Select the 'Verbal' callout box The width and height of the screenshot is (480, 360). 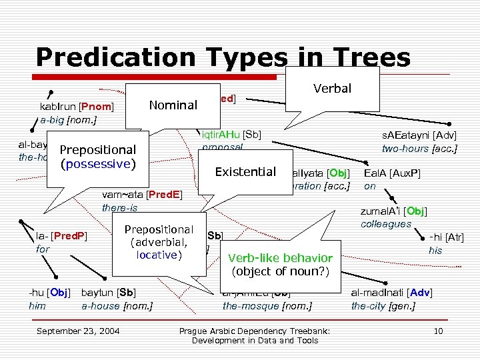(x=332, y=88)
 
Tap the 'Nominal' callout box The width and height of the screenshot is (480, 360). (x=173, y=105)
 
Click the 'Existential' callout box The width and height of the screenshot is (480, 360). (x=245, y=172)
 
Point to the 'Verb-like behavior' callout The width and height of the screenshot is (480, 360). (x=279, y=264)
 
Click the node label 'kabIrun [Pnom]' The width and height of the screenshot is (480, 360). (x=77, y=106)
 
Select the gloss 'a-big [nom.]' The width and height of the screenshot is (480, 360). (x=69, y=120)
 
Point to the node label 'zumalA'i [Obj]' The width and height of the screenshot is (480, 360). (x=393, y=211)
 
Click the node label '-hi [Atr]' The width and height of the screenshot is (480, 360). (x=447, y=237)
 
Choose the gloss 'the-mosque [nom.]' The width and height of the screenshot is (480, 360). (x=267, y=306)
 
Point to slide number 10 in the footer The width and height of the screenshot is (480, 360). (x=438, y=331)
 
